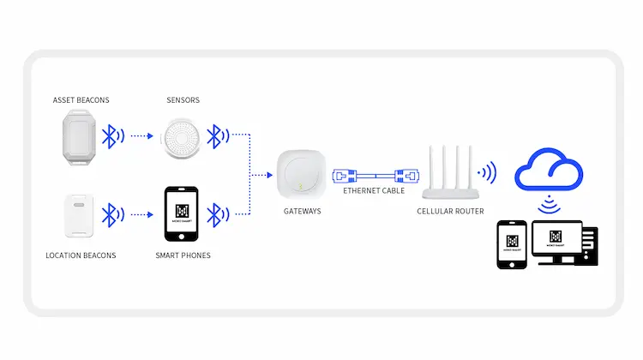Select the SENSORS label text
coord(183,100)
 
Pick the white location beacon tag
coord(79,216)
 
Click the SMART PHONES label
coord(183,255)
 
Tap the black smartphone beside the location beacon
coord(181,215)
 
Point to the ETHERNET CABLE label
coord(369,191)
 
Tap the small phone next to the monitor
coord(513,244)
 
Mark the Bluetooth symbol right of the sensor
coord(219,135)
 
